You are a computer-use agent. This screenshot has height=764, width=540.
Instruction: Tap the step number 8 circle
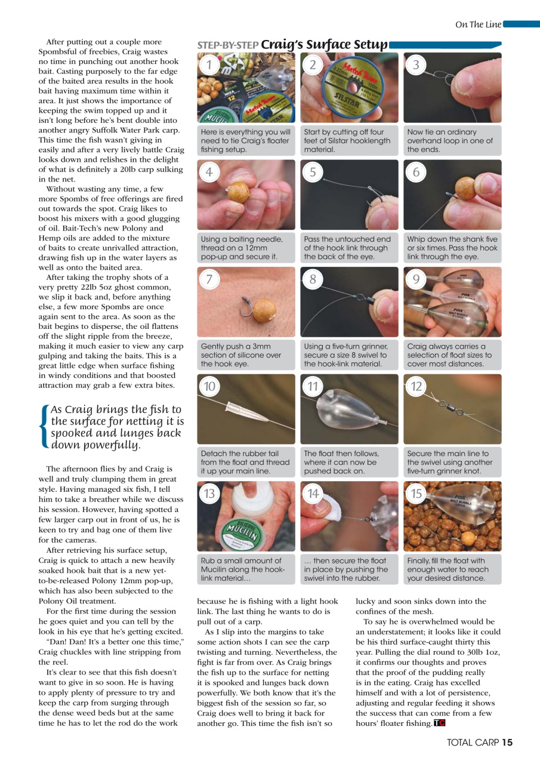coord(312,279)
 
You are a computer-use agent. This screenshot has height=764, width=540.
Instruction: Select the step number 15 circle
coord(416,494)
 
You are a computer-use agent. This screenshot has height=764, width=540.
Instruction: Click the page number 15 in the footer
coord(507,743)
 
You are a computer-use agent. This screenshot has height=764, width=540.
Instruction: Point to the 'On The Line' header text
coord(478,24)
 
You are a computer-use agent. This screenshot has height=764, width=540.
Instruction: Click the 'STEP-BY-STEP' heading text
coord(228,45)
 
